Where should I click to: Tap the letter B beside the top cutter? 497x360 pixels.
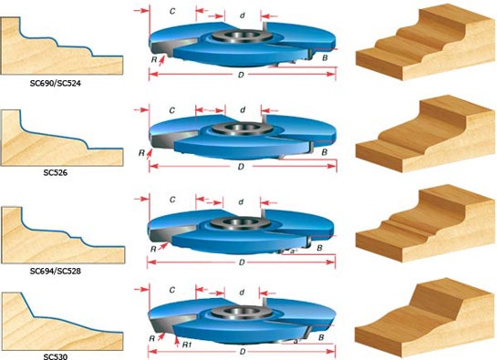coord(325,57)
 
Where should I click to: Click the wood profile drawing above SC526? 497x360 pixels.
coord(61,135)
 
